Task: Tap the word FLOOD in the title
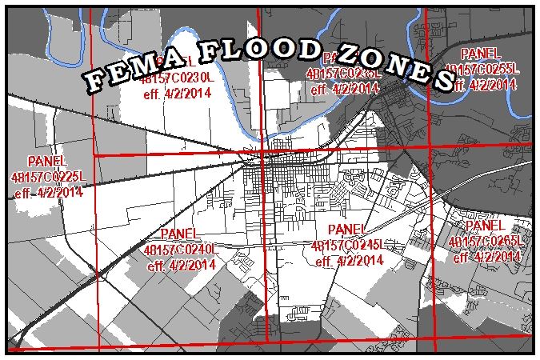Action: coord(250,50)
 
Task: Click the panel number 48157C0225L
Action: coord(46,176)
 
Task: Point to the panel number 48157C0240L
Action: coord(180,250)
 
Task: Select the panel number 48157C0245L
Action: coord(346,246)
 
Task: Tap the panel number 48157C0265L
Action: coord(486,242)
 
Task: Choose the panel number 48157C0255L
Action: coord(484,69)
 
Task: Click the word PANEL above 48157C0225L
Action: coord(47,161)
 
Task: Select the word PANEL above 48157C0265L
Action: coord(486,227)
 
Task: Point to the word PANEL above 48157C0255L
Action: coord(483,54)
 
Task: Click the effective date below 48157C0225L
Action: coord(48,192)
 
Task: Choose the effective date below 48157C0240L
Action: coord(180,265)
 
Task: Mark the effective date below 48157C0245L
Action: coord(347,261)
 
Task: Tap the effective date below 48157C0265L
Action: coord(486,258)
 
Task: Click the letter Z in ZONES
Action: coord(350,52)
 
